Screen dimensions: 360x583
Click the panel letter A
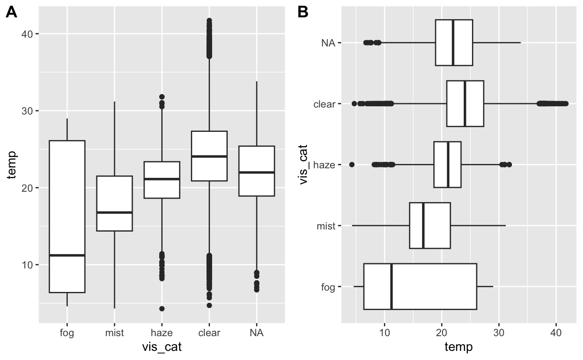11,13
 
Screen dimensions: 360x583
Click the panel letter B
303,13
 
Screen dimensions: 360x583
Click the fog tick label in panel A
67,333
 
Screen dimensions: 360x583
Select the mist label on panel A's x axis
114,333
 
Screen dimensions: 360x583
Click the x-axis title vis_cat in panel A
162,347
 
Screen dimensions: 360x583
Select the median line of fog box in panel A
67,255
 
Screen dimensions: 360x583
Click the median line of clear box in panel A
209,156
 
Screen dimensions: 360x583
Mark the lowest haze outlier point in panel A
162,309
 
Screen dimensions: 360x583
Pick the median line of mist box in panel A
114,213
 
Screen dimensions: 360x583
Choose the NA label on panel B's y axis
328,43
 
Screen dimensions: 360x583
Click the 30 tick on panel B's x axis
499,333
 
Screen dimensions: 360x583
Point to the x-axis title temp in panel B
459,347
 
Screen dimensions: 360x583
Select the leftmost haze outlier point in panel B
352,164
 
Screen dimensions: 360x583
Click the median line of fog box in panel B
392,286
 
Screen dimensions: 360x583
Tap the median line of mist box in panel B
423,226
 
